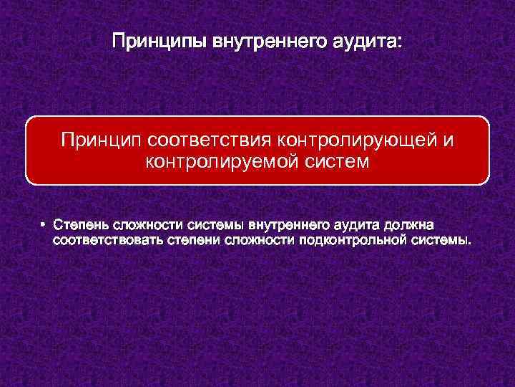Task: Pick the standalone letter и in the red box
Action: coord(448,138)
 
